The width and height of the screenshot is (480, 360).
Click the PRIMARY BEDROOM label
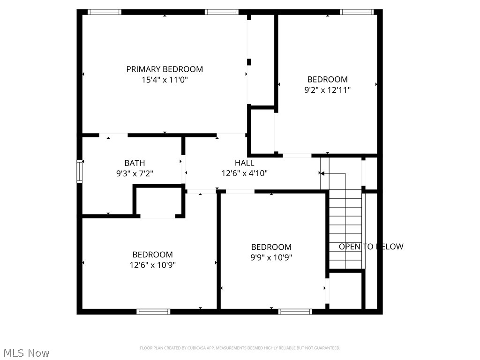165,69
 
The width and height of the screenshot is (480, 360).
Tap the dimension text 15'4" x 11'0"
165,80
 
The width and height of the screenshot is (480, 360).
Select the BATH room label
135,163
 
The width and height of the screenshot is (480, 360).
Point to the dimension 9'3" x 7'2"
135,173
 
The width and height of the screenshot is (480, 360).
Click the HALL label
244,163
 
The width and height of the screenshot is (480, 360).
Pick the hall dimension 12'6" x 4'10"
244,173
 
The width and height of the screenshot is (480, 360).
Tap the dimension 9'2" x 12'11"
327,90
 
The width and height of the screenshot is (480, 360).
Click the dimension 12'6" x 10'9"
152,265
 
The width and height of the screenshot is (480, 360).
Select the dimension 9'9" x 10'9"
271,257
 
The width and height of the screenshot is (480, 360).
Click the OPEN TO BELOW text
371,247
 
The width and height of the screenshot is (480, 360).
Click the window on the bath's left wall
80,171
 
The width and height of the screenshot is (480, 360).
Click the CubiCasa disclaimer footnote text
240,348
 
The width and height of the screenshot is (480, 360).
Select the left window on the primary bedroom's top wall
105,12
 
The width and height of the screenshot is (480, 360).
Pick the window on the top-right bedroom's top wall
357,12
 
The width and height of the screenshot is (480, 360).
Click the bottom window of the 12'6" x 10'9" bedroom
153,311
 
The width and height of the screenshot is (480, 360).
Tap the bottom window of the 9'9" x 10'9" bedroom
295,311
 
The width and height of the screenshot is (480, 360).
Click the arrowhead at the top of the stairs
322,173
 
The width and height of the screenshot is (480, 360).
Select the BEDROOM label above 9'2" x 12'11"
327,79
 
